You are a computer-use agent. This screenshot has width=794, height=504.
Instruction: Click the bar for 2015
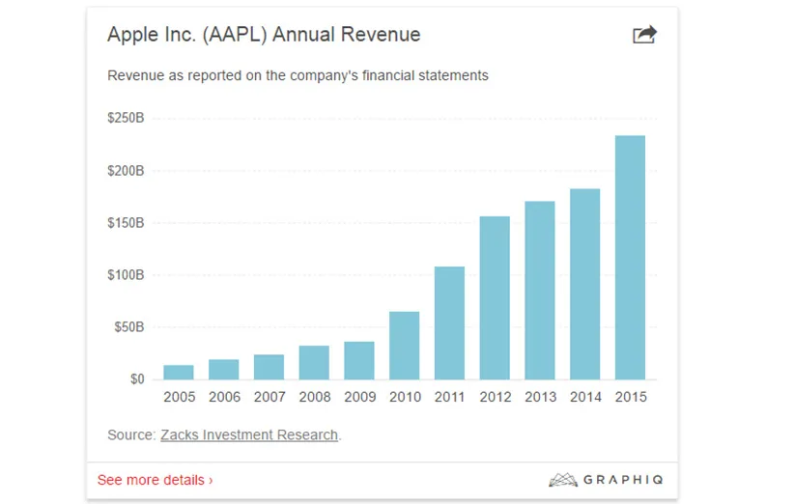630,258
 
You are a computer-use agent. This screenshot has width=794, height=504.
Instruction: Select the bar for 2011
449,323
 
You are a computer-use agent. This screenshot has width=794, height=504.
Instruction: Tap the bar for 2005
179,373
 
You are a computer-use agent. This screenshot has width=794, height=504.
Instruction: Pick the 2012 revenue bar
495,298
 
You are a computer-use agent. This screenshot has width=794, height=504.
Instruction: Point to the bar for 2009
359,361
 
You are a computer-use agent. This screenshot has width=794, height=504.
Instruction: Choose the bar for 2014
584,285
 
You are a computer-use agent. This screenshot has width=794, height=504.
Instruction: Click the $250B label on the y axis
126,119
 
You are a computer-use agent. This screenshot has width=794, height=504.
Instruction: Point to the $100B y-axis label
126,275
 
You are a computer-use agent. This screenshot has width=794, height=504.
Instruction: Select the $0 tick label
136,379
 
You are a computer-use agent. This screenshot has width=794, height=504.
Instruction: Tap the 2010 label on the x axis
405,397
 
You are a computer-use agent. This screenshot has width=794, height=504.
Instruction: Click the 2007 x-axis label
269,397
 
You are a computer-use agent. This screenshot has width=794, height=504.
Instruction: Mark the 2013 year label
540,397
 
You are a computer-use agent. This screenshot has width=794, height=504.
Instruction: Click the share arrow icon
644,35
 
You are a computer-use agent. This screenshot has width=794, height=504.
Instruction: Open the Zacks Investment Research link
248,435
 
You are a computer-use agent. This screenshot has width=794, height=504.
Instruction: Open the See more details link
155,480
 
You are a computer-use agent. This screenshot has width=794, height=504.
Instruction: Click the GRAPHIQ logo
606,480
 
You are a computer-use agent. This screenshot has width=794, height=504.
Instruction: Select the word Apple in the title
131,35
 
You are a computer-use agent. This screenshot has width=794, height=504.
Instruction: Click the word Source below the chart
129,435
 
